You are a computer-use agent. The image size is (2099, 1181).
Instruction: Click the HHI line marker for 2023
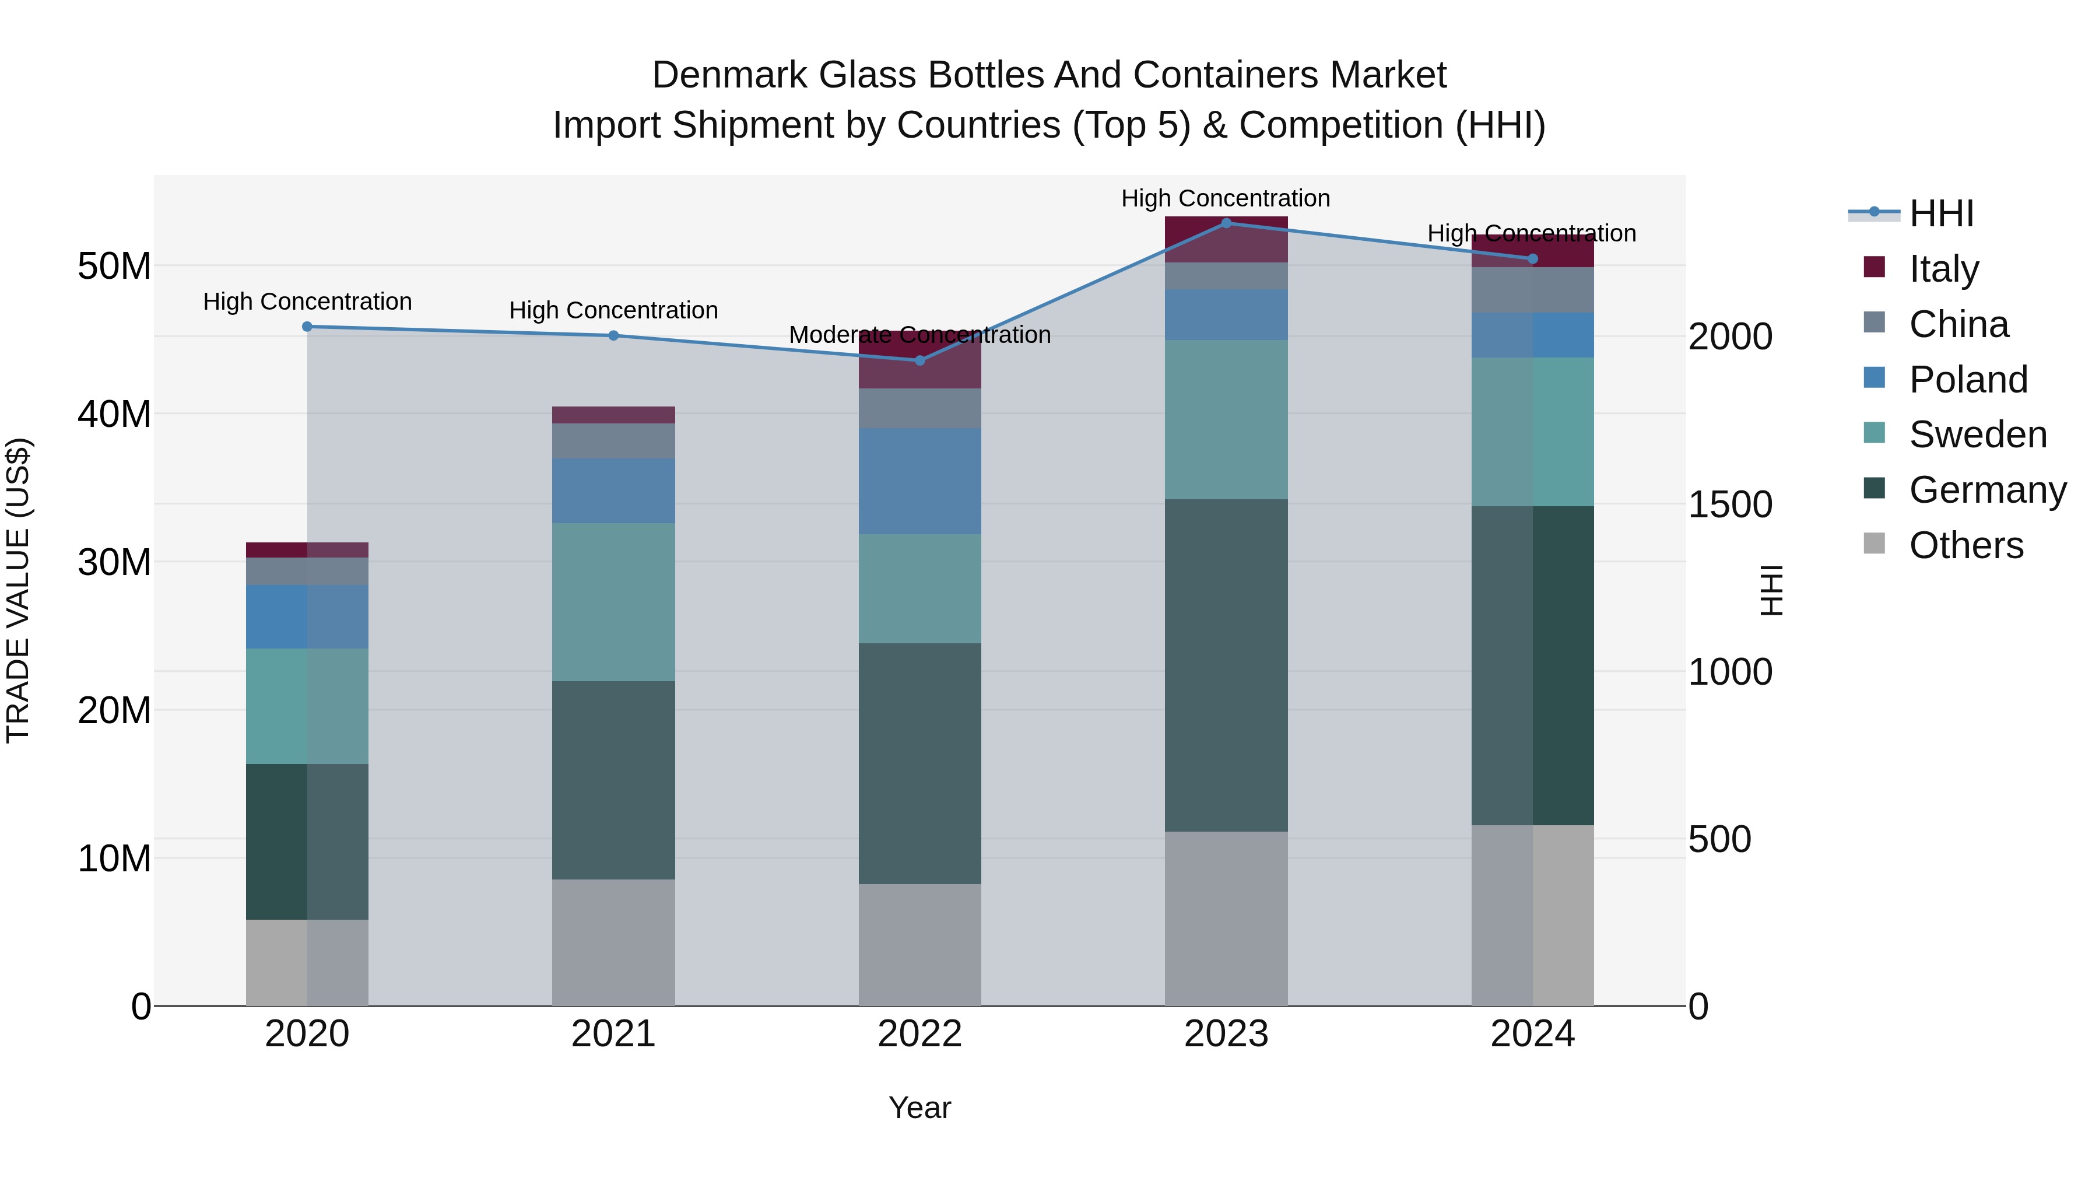[x=1226, y=223]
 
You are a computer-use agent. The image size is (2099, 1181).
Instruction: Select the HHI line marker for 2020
[x=307, y=326]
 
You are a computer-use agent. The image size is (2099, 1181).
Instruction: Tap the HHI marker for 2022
[x=920, y=360]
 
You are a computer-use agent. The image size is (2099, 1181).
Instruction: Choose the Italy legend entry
[x=1943, y=269]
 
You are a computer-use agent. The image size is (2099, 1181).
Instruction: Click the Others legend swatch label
[x=1965, y=545]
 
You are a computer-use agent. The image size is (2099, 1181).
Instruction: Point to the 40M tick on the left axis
[x=114, y=414]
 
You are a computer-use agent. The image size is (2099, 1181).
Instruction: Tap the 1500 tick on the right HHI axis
[x=1729, y=504]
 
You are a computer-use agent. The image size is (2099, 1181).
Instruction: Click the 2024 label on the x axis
[x=1532, y=1034]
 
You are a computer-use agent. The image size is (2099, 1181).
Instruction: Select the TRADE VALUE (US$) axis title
[x=18, y=590]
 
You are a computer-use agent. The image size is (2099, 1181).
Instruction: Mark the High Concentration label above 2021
[x=613, y=310]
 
